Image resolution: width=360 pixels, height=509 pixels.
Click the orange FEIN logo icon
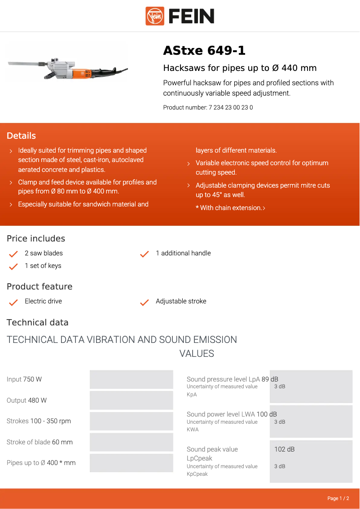click(155, 16)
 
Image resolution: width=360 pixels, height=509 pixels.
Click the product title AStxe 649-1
click(204, 51)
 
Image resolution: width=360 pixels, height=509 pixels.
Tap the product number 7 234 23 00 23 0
click(231, 108)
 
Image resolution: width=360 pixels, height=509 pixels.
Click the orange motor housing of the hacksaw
click(83, 70)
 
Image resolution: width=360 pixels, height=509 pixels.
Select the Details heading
click(21, 136)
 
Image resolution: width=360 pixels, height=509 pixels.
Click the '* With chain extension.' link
click(230, 208)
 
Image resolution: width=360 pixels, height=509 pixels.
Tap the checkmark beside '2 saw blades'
click(13, 254)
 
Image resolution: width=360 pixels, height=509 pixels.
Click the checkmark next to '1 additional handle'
click(145, 254)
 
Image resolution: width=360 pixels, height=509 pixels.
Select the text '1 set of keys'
click(43, 266)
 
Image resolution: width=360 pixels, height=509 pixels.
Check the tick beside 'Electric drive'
click(13, 302)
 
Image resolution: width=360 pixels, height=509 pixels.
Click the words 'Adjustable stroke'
click(181, 301)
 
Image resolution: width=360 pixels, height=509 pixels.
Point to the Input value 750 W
click(32, 379)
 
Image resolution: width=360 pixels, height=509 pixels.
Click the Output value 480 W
click(37, 400)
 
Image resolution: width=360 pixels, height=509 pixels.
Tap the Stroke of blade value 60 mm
click(62, 442)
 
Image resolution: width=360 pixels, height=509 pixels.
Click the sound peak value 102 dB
click(285, 449)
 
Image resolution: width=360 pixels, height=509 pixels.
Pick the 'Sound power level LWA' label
click(221, 414)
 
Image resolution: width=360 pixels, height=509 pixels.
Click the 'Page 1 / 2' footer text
click(338, 498)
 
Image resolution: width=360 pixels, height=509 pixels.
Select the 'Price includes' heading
click(36, 238)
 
